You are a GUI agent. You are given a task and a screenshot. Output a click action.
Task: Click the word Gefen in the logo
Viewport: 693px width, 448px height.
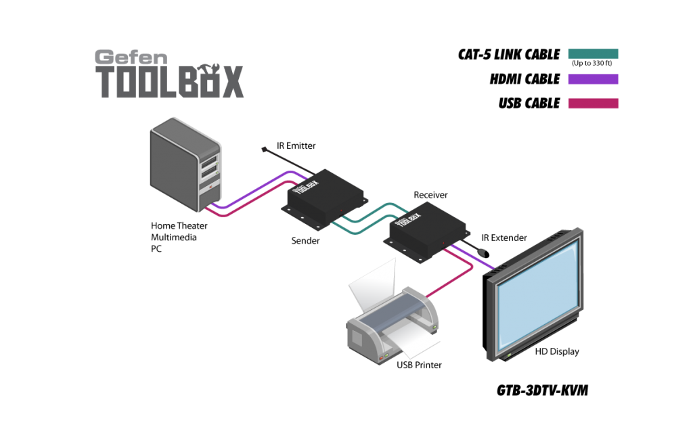130,58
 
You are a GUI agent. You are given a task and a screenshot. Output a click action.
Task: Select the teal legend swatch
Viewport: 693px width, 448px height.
593,53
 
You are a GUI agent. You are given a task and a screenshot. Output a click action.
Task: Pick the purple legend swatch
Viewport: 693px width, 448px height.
593,79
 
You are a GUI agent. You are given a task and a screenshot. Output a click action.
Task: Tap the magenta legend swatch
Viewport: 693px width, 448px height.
593,104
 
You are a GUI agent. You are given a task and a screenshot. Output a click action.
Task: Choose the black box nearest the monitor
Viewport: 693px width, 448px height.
426,227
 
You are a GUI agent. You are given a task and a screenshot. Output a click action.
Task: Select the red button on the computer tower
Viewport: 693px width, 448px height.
210,189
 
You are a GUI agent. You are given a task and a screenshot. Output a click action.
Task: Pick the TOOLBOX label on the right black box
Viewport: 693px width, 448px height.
409,218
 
